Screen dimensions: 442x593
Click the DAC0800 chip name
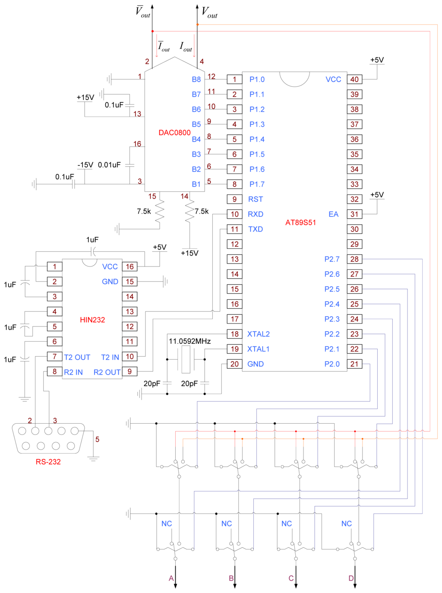[174, 133]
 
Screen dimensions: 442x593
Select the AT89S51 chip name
[300, 222]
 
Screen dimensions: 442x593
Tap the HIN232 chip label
[92, 320]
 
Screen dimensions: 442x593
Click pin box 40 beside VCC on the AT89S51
[354, 79]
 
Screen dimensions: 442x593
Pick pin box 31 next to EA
[354, 214]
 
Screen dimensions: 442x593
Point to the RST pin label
[256, 199]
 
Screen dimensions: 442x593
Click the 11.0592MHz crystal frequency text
[189, 341]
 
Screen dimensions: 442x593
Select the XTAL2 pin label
[259, 334]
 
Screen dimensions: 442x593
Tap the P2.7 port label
[332, 259]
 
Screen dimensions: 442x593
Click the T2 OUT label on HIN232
[77, 358]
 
